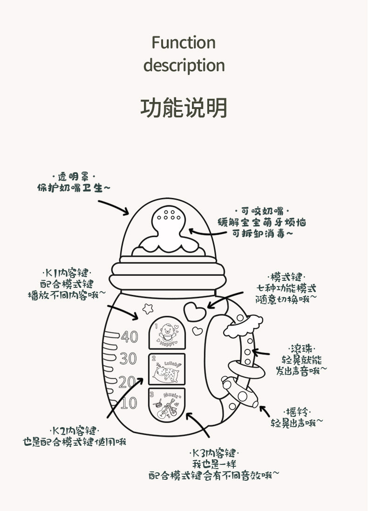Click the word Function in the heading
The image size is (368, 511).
184,43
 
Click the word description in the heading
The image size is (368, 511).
184,65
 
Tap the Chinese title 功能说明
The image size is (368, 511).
184,108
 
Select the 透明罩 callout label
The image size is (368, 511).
74,177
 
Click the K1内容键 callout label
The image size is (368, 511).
67,273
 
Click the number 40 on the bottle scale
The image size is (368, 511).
129,336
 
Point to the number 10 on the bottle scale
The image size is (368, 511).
129,403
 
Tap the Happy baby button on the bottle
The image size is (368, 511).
166,334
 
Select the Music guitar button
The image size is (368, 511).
166,404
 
